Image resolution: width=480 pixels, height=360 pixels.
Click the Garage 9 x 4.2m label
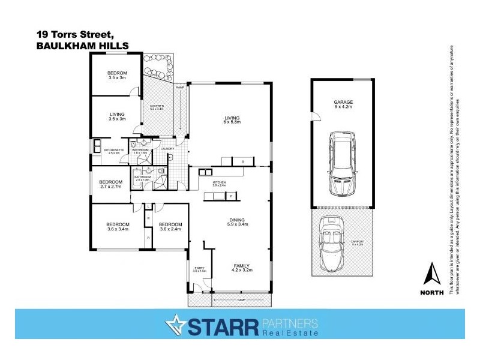coord(343,104)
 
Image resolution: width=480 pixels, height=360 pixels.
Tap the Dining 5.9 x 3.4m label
coord(230,221)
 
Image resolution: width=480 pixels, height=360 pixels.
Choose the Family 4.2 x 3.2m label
coord(241,268)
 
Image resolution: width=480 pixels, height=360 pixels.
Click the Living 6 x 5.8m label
coord(232,120)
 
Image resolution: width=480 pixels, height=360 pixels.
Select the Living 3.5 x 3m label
coord(116,116)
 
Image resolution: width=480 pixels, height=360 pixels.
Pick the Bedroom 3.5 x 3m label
coord(117,76)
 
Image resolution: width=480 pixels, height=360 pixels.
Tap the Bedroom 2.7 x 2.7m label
coord(111,184)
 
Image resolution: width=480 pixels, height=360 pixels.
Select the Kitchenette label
coord(113,151)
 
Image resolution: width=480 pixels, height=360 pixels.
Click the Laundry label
coord(167,149)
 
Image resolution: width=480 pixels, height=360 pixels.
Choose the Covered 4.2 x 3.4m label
coord(156,108)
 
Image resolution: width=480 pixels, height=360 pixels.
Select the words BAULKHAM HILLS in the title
coord(82,45)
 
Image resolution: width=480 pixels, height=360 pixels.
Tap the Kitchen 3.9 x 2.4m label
coord(219,184)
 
